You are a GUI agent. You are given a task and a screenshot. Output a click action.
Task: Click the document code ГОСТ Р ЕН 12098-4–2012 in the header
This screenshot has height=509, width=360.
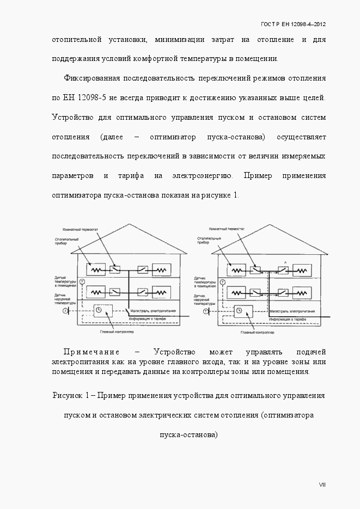pos(293,24)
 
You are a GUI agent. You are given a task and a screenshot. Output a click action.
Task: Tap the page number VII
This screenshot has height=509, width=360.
pos(322,485)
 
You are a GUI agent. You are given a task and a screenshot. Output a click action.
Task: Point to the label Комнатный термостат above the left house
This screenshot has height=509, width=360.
pos(80,231)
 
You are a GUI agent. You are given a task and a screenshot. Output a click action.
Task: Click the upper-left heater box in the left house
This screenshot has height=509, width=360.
pos(98,269)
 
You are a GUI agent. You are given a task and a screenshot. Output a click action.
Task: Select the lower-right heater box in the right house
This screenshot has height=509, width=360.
pos(301,292)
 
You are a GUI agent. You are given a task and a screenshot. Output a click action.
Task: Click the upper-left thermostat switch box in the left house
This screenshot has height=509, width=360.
pos(115,269)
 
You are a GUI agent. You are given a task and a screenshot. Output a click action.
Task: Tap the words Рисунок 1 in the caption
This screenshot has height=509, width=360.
pos(71,395)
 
